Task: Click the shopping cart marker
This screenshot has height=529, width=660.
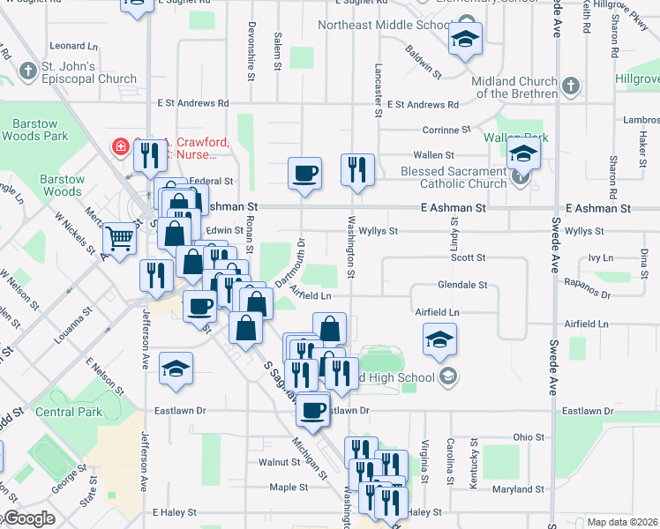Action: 119,238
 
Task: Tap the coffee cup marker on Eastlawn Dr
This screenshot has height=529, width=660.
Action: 312,409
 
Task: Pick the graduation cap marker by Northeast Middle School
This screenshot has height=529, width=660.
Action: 465,40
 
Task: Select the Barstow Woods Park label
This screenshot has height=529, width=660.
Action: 35,130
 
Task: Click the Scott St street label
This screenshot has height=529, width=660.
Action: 469,257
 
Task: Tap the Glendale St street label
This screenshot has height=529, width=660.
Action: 462,285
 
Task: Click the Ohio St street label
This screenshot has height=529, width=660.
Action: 529,437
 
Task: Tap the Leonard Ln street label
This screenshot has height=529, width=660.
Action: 73,46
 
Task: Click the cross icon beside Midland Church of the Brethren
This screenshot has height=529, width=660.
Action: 572,86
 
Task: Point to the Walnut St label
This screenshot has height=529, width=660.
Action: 280,461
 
